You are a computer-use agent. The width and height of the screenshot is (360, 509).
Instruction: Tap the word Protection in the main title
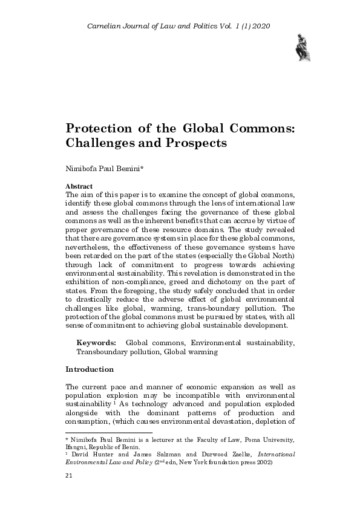100,129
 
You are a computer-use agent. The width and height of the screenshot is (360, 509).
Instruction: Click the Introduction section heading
89,369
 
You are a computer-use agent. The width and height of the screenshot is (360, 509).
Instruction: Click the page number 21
68,493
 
